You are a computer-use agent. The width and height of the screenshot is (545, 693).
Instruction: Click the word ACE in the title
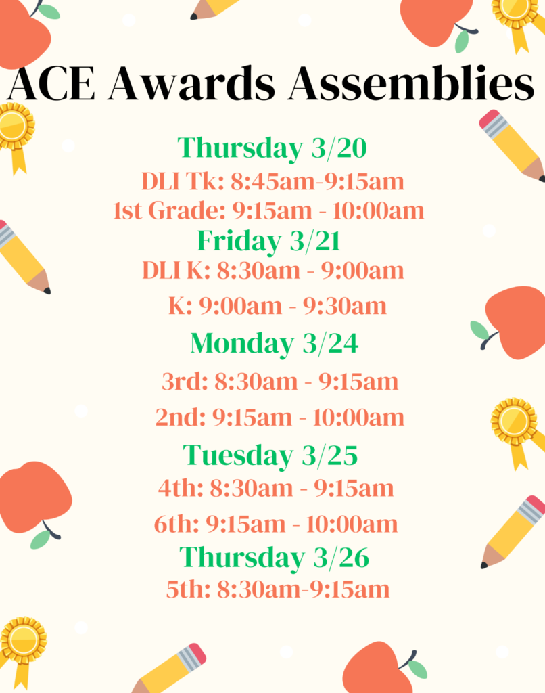[x=51, y=83]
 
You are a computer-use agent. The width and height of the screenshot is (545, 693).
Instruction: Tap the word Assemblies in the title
[x=411, y=83]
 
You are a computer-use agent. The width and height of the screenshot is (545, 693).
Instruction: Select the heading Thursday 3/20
[x=272, y=148]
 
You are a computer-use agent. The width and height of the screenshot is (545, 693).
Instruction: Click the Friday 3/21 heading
[x=268, y=242]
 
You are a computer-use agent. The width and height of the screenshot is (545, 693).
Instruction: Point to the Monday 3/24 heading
[x=275, y=343]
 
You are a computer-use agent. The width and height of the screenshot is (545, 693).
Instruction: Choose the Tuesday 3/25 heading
[x=270, y=455]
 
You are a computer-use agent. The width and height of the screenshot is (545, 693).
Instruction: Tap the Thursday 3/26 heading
[x=275, y=558]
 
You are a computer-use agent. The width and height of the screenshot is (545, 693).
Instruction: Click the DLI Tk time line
[x=272, y=181]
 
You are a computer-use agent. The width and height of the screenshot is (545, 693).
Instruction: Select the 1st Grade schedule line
[x=268, y=210]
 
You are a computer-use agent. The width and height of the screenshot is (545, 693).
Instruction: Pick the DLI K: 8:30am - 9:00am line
[x=273, y=271]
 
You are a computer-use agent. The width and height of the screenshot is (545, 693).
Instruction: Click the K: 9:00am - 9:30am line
[x=277, y=306]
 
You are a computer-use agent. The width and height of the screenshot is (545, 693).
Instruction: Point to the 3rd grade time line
[x=280, y=382]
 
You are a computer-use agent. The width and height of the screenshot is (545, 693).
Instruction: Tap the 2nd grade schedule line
[x=279, y=417]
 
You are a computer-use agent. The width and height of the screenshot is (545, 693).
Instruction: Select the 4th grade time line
[x=276, y=489]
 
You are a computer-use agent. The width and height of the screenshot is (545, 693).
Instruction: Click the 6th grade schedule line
[x=276, y=524]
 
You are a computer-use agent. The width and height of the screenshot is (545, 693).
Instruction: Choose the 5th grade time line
[x=278, y=589]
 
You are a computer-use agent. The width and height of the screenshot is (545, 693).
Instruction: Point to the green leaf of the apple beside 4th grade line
[x=40, y=539]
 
